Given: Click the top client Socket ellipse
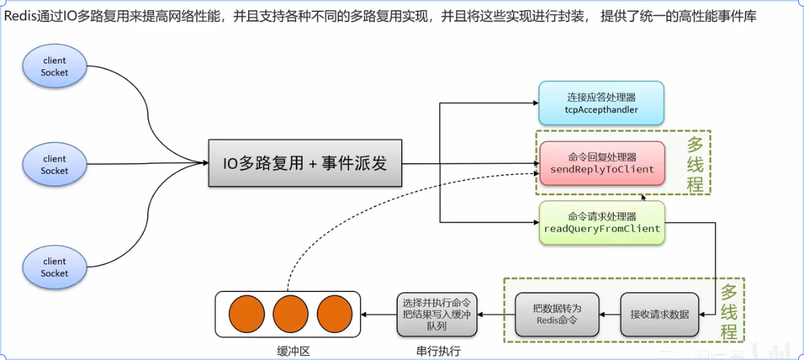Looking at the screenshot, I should (x=54, y=66).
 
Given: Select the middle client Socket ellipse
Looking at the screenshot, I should (x=54, y=165).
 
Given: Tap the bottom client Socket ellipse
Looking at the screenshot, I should (x=54, y=267).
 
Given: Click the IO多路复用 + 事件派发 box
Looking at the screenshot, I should (x=305, y=163).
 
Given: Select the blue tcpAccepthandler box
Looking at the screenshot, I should (x=601, y=104).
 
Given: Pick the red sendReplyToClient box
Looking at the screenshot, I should (x=602, y=163).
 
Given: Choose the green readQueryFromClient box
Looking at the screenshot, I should (x=602, y=222).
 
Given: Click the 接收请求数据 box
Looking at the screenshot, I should (x=659, y=314).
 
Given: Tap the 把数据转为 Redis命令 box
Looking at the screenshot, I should (x=557, y=314).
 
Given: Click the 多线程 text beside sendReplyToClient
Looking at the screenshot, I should (x=695, y=165).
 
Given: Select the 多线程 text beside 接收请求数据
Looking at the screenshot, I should (x=728, y=312).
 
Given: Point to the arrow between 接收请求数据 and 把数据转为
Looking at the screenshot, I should (x=609, y=314).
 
